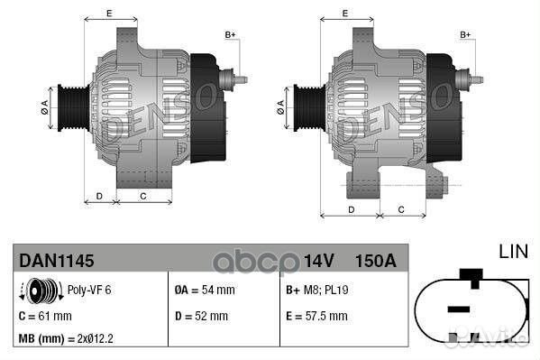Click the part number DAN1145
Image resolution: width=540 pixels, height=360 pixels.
tap(57, 261)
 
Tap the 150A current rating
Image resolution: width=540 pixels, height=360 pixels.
tap(377, 261)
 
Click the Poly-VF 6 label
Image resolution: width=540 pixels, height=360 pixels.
tap(88, 291)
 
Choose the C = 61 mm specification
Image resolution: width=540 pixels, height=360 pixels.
tap(45, 317)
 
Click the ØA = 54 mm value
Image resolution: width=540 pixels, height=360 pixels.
tap(204, 291)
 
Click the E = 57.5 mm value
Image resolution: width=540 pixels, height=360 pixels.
tap(316, 317)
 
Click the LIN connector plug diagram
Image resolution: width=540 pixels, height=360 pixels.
tap(470, 307)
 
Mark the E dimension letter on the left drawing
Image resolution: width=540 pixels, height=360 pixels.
tap(109, 13)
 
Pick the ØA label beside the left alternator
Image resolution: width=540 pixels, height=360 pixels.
tap(44, 107)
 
